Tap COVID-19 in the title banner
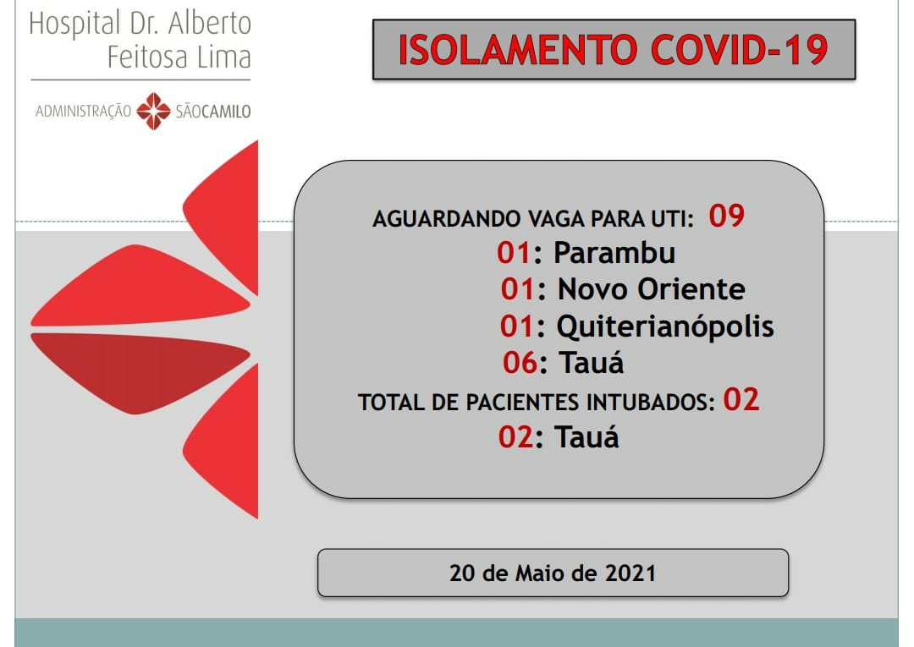(739, 50)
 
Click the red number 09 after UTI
(726, 216)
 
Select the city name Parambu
(614, 254)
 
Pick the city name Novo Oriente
(651, 289)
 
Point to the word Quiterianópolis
(665, 326)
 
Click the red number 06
(520, 363)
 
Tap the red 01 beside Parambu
(514, 253)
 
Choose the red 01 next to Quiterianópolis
(516, 326)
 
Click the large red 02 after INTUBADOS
(741, 399)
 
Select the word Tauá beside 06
(592, 362)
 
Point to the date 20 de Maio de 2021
(553, 573)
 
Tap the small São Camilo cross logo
(153, 111)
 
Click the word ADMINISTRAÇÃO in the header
(83, 112)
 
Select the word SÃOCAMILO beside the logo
(212, 112)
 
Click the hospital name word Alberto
(210, 24)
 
